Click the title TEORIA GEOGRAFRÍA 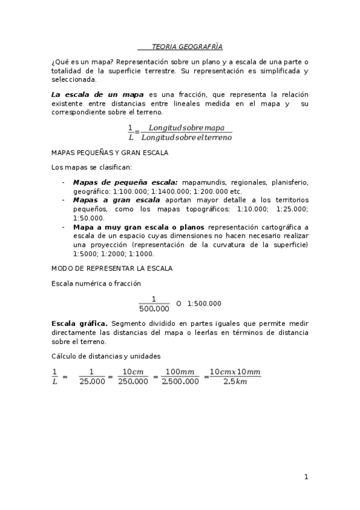coord(180,46)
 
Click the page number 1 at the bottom coord(306,477)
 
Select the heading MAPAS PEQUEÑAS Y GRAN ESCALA coord(110,153)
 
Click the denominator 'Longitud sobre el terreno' coord(190,138)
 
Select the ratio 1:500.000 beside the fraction coord(204,304)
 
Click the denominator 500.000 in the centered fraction coord(154,309)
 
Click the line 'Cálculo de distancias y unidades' coord(106,356)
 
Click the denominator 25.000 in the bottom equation coord(92,381)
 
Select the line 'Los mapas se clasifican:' coord(88,167)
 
